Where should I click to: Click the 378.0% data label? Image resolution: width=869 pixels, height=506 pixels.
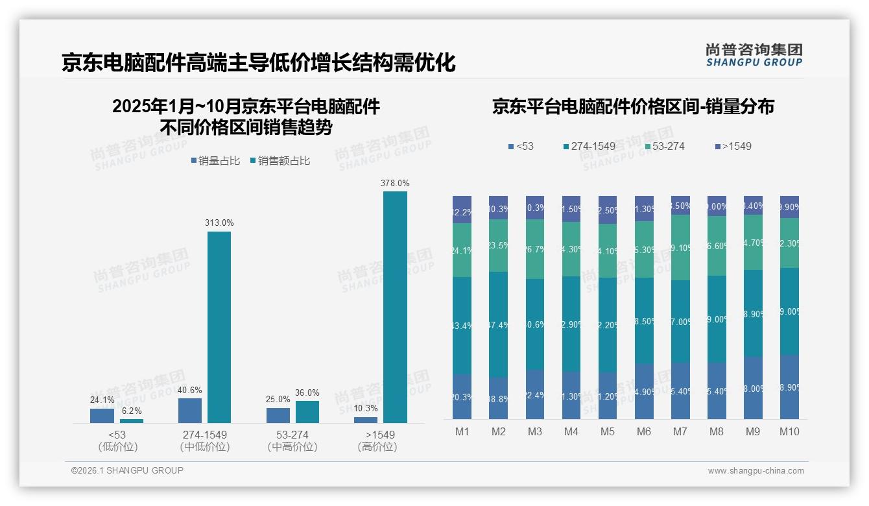395,184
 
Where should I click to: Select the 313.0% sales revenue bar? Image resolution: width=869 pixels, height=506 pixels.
219,327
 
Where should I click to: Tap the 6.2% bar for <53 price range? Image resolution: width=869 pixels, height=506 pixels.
132,420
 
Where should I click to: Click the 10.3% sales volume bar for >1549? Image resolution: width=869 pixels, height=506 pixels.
366,420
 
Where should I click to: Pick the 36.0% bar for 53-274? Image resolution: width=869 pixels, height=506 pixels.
307,411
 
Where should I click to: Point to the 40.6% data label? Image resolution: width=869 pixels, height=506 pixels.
189,390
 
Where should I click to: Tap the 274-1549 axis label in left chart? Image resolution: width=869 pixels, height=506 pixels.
205,434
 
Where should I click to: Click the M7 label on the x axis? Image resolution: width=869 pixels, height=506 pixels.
680,432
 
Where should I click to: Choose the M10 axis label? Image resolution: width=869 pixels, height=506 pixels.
789,432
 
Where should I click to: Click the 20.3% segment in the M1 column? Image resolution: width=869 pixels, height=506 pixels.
462,396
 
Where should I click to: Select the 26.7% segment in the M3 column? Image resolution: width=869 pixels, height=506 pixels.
535,249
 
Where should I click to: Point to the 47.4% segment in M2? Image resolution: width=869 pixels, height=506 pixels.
498,324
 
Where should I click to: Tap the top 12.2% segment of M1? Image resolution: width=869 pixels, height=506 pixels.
462,210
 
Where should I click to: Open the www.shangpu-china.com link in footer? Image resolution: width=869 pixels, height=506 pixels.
756,471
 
